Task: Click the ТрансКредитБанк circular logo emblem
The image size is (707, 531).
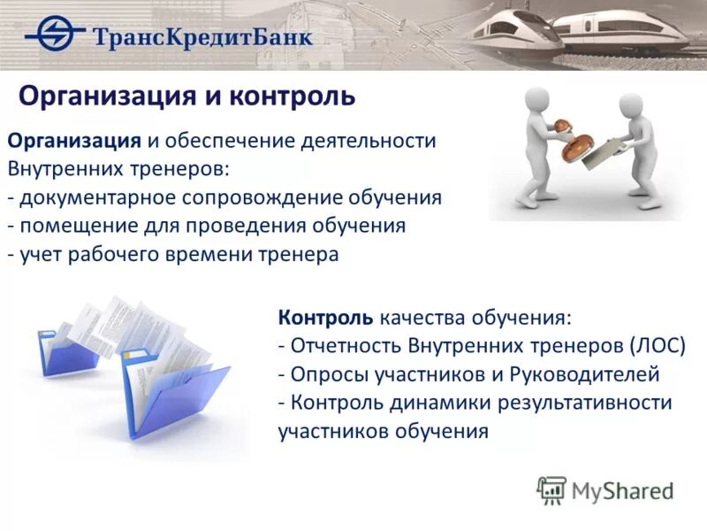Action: (x=55, y=35)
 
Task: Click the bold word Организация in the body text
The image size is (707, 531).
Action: (x=74, y=141)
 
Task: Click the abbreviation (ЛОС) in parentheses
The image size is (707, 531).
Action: (x=658, y=345)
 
